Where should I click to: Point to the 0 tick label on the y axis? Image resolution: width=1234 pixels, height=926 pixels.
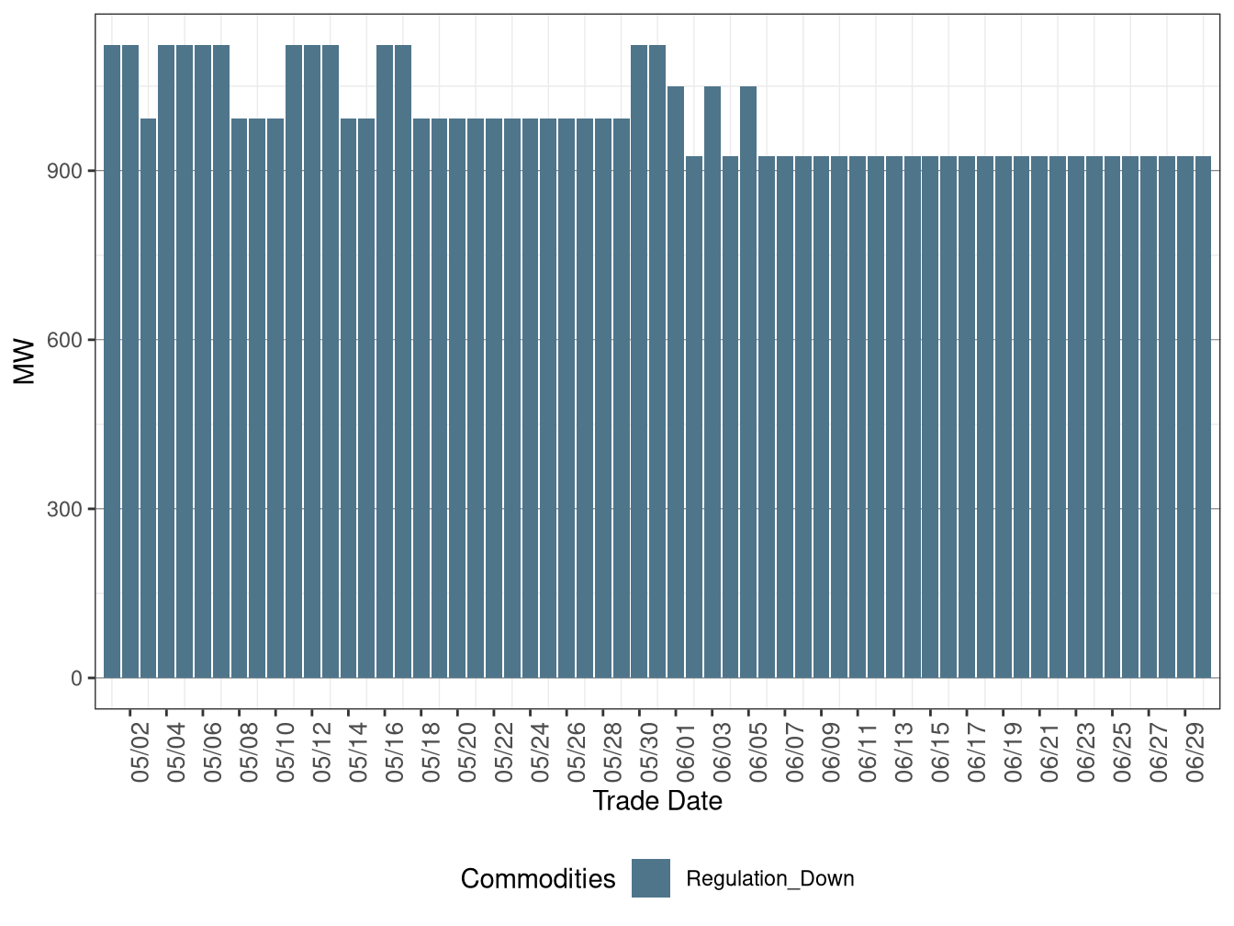76,678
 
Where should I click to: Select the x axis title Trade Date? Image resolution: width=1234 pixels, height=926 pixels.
657,801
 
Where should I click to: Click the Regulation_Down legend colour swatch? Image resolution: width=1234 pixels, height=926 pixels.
651,878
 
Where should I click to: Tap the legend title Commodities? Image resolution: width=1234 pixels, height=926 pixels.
538,879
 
